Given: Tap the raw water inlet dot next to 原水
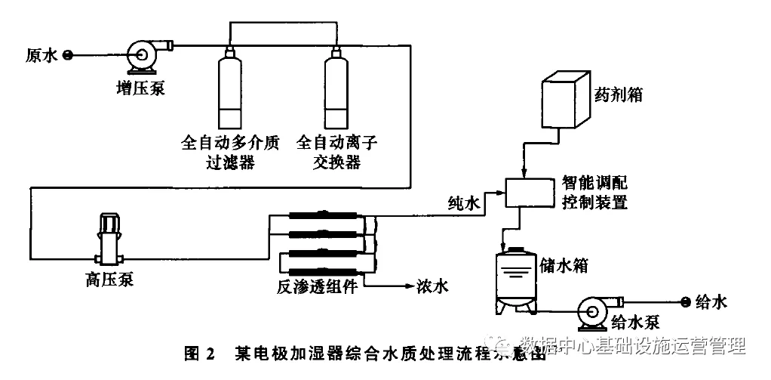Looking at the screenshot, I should pyautogui.click(x=67, y=54).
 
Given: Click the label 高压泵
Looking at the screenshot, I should pyautogui.click(x=109, y=281).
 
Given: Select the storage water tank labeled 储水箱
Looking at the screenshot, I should pyautogui.click(x=516, y=280).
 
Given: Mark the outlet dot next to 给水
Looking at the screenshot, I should pyautogui.click(x=685, y=302).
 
